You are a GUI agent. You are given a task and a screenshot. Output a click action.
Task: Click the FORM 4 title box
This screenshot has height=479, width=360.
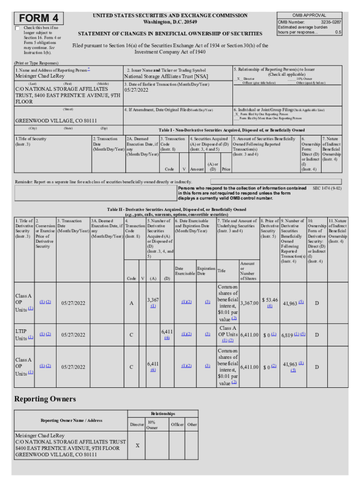[39, 18]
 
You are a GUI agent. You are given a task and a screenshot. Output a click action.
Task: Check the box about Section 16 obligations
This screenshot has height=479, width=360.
[18, 29]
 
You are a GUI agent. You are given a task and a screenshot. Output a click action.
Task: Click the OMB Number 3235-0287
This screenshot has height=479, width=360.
[331, 22]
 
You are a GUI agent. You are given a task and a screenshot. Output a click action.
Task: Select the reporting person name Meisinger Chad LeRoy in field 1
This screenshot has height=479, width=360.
[40, 76]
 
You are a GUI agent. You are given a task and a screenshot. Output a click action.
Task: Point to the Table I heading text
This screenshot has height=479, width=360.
[231, 130]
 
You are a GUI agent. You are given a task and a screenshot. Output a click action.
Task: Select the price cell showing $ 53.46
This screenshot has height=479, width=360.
[270, 300]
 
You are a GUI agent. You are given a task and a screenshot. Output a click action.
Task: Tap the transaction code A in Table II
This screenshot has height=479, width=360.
[131, 303]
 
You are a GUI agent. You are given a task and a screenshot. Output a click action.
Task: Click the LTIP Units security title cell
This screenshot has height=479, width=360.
[24, 334]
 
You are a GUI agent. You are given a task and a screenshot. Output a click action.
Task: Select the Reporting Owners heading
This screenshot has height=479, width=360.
[45, 399]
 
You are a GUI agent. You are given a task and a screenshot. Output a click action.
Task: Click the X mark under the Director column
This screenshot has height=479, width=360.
[137, 445]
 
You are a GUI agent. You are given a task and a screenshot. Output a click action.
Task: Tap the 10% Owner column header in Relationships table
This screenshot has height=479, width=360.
[152, 425]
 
